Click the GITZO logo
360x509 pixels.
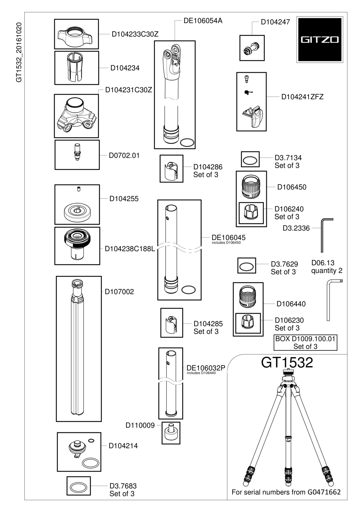[x=320, y=39]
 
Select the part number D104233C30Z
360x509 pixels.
[x=135, y=34]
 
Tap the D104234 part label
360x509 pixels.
[x=125, y=68]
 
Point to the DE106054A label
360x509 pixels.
[x=203, y=21]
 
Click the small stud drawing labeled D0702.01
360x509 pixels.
[x=77, y=151]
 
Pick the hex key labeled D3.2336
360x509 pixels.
[x=325, y=235]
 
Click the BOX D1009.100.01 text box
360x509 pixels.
[x=305, y=342]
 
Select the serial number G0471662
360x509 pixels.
[x=324, y=492]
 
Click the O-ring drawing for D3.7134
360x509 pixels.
[x=250, y=160]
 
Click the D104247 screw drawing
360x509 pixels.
[x=251, y=48]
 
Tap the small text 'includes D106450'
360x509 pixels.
[x=226, y=243]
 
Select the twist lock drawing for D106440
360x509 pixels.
[x=248, y=297]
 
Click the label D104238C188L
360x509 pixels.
[x=130, y=249]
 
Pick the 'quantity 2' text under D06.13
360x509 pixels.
[x=327, y=271]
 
